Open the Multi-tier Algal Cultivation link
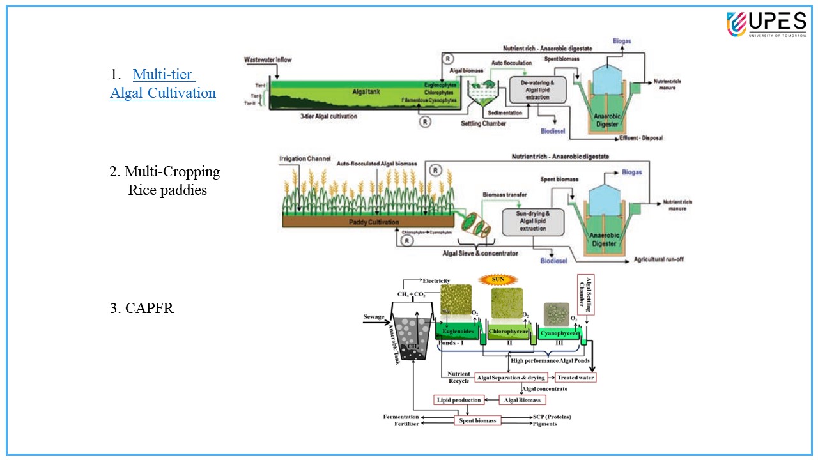coord(163,84)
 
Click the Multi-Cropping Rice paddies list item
coord(166,181)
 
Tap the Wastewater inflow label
coord(268,60)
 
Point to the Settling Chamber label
coord(484,123)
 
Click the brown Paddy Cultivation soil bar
coord(367,222)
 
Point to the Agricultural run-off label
coord(660,261)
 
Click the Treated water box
coord(575,378)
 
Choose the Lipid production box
coord(458,400)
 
